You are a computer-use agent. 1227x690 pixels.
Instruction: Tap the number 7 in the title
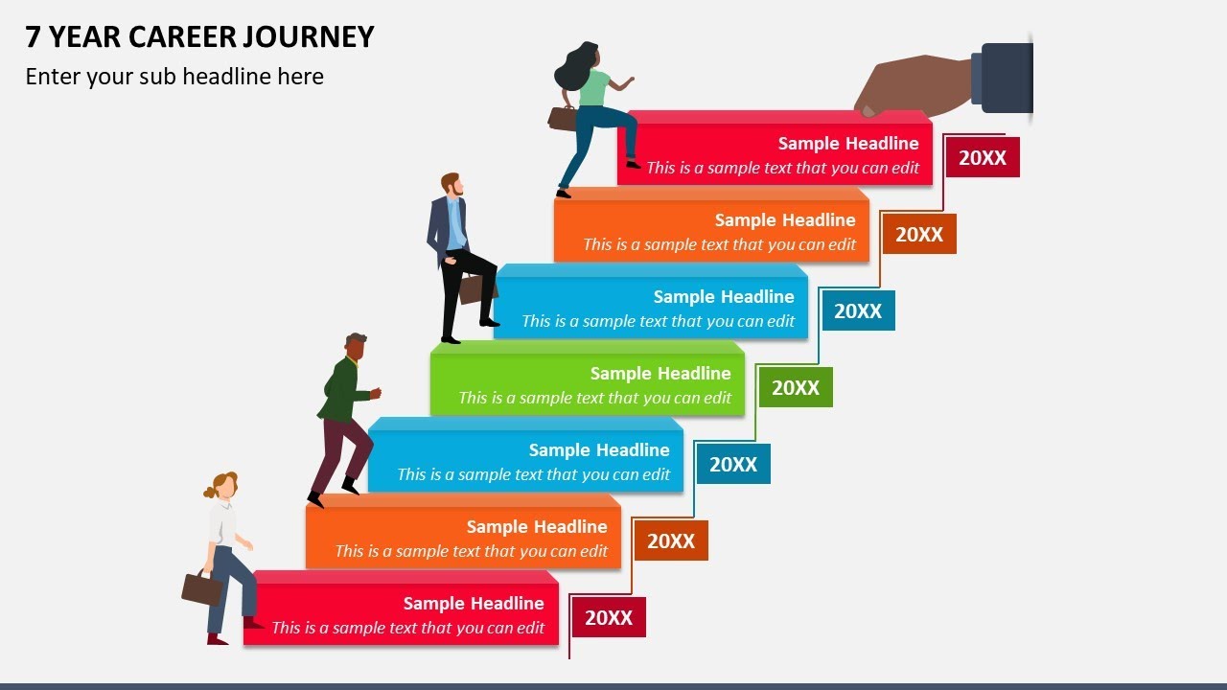click(33, 37)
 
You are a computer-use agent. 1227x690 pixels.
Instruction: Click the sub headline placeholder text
click(174, 77)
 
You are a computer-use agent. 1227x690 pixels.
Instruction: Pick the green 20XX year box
click(796, 387)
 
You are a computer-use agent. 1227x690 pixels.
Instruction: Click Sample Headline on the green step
click(660, 373)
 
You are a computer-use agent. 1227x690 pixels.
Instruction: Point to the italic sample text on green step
click(594, 398)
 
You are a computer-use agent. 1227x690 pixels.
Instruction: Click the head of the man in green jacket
click(355, 348)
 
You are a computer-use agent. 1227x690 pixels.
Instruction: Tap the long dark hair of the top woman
click(574, 67)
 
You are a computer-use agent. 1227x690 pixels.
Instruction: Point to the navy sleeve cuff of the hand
click(1001, 78)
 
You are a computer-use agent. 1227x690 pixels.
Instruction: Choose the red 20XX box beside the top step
click(983, 158)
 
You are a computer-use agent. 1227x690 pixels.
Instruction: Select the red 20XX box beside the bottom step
click(609, 618)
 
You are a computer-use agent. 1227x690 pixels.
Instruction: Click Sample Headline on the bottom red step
click(474, 603)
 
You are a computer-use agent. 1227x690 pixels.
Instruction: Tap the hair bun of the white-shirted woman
click(210, 492)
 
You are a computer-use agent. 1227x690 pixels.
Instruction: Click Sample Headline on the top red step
click(848, 143)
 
